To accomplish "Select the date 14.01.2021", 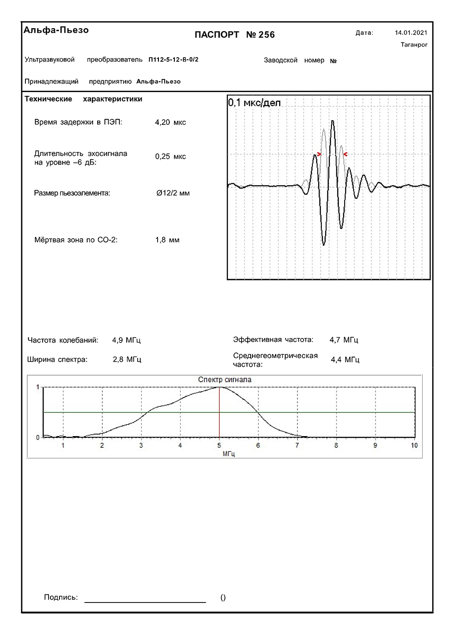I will (411, 33).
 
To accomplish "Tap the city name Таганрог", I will (414, 44).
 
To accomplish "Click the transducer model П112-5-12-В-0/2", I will (173, 59).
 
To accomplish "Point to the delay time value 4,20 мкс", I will (170, 122).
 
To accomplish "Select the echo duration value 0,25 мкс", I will (170, 157).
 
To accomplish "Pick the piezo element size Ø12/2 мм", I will (173, 193).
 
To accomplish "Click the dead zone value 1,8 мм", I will (167, 240).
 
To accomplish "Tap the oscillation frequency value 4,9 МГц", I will (126, 340).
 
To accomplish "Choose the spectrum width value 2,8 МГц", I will (127, 359).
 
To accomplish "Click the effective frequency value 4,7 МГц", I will (344, 339).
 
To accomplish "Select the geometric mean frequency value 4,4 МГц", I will (345, 360).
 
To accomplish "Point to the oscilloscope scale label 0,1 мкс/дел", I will (254, 103).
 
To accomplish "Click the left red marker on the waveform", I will (320, 155).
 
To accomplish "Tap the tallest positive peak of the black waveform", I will (333, 121).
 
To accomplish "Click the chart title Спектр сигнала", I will (225, 380).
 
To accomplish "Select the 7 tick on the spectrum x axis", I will (297, 446).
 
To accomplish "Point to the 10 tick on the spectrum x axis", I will (414, 446).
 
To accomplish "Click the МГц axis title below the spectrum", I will (229, 453).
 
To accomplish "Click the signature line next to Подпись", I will (145, 602).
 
